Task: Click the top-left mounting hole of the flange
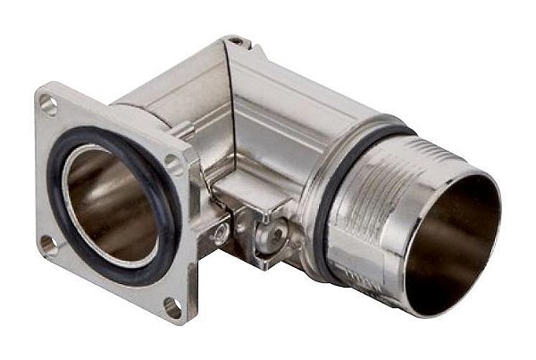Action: coord(48,105)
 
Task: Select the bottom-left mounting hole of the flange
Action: coord(46,242)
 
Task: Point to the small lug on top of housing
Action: coord(236,41)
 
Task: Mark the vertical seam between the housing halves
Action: coord(230,107)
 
